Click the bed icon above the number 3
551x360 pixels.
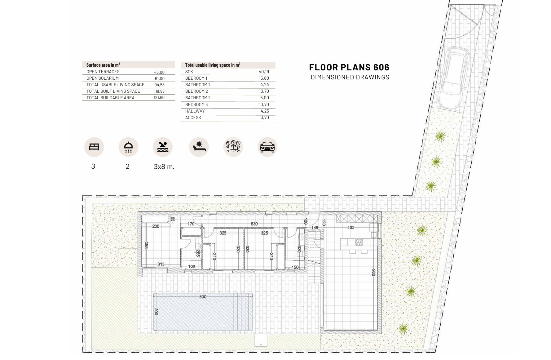[94, 147]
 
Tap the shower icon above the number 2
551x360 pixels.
[128, 147]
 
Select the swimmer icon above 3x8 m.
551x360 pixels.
[163, 147]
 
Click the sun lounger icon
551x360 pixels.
[199, 147]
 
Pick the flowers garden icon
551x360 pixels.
[233, 147]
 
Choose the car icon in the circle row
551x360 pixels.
[267, 147]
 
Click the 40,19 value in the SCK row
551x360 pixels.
[264, 72]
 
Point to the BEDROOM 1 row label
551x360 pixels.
[196, 78]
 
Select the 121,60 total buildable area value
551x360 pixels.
[159, 97]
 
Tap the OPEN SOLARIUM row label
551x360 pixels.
[103, 78]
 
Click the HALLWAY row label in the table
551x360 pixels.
[195, 111]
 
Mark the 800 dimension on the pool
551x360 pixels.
[203, 297]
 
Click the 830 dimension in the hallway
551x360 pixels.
[254, 224]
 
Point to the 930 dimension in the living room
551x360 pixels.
[373, 273]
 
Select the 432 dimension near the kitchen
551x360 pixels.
[351, 228]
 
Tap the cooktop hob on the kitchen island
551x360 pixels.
[359, 242]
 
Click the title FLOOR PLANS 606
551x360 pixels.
[349, 67]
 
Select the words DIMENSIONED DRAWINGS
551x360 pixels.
[350, 77]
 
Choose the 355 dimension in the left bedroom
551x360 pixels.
[146, 245]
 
